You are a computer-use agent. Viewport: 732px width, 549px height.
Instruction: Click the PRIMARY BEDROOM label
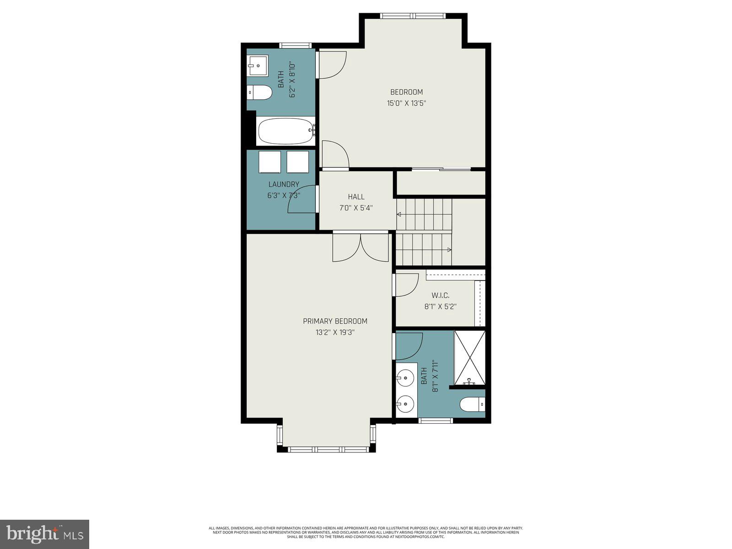335,321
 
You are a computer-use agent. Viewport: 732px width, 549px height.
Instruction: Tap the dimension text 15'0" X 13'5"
407,103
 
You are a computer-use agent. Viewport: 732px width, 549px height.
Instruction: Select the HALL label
356,197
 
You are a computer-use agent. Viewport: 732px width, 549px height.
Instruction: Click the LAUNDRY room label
284,184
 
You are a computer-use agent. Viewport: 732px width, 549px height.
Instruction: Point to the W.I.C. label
440,296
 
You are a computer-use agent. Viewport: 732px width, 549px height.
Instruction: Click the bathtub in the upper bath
285,131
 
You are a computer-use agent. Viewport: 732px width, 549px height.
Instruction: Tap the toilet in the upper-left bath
259,92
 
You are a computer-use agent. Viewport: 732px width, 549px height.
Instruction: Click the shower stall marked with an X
469,357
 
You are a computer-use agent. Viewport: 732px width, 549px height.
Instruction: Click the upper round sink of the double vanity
405,378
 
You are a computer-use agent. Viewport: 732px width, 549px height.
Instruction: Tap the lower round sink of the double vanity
405,404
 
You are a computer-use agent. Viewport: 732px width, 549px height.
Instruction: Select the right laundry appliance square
298,162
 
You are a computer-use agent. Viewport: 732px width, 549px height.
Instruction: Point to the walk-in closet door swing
407,285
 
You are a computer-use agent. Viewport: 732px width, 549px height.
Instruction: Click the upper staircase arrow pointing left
399,214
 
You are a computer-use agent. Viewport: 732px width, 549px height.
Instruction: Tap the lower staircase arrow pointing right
449,250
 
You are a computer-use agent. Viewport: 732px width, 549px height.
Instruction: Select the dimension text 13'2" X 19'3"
335,333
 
